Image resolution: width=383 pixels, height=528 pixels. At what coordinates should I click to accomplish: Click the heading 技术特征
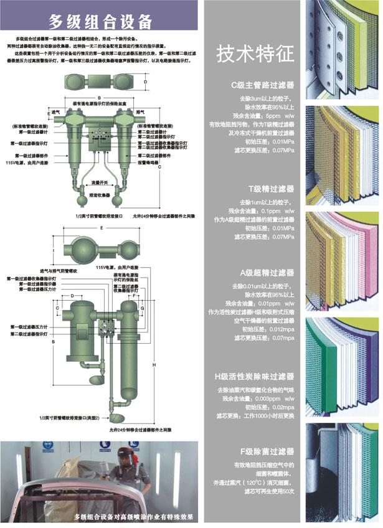tap(254, 55)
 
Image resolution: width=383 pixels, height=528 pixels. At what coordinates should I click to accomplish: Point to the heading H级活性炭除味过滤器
tap(253, 377)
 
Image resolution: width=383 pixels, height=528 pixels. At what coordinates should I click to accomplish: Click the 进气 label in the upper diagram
tap(56, 112)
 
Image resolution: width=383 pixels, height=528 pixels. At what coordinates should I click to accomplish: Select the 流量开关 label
tap(100, 182)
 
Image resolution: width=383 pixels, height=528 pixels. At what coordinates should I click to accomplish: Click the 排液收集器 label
tap(100, 195)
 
